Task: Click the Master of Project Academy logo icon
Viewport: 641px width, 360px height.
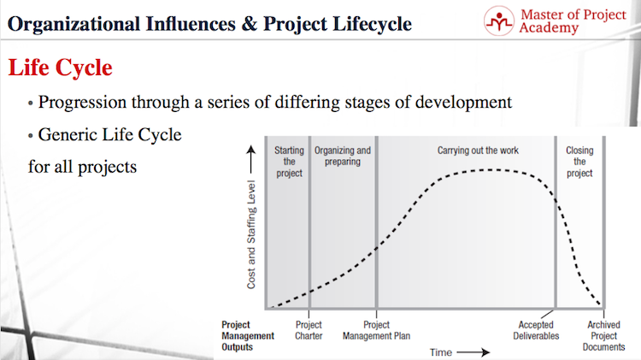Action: tap(499, 21)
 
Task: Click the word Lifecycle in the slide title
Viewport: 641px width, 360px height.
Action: tap(372, 24)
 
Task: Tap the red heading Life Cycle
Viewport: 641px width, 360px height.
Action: tap(60, 68)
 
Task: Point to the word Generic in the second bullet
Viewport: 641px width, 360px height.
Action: tap(67, 134)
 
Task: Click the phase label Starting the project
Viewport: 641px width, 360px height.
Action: tap(289, 162)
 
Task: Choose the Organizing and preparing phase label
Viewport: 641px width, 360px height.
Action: tap(343, 156)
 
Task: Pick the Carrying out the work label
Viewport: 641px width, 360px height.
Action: tap(478, 150)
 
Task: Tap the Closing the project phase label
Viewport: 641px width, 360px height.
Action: tap(579, 162)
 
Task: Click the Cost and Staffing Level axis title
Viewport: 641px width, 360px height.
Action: tap(251, 234)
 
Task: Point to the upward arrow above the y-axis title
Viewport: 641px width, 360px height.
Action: tap(251, 160)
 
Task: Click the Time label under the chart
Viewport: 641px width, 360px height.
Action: tap(441, 352)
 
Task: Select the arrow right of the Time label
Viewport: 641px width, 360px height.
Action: tap(473, 352)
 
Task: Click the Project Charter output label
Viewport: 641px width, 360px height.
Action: tap(309, 330)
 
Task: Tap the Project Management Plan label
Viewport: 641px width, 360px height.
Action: tap(377, 330)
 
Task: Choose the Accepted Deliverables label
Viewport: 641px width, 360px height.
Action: tap(536, 330)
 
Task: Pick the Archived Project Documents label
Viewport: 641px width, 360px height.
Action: tap(603, 336)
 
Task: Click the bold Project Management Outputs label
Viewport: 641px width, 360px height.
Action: tap(248, 336)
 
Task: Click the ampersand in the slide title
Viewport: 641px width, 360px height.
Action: tap(249, 24)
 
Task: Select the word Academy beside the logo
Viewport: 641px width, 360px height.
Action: tap(549, 28)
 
